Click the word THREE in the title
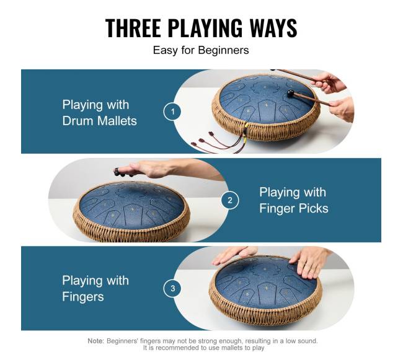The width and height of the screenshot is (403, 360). pos(133,28)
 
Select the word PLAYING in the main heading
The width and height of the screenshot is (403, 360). pos(205,28)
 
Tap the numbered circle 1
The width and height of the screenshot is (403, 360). pos(172,112)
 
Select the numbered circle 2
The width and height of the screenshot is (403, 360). pos(230,200)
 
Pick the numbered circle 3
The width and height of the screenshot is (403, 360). pos(172,288)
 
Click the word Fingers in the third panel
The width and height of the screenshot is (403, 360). pos(82,297)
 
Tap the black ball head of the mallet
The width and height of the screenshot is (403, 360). pos(290,93)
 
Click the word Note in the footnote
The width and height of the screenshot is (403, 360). pos(95,341)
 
